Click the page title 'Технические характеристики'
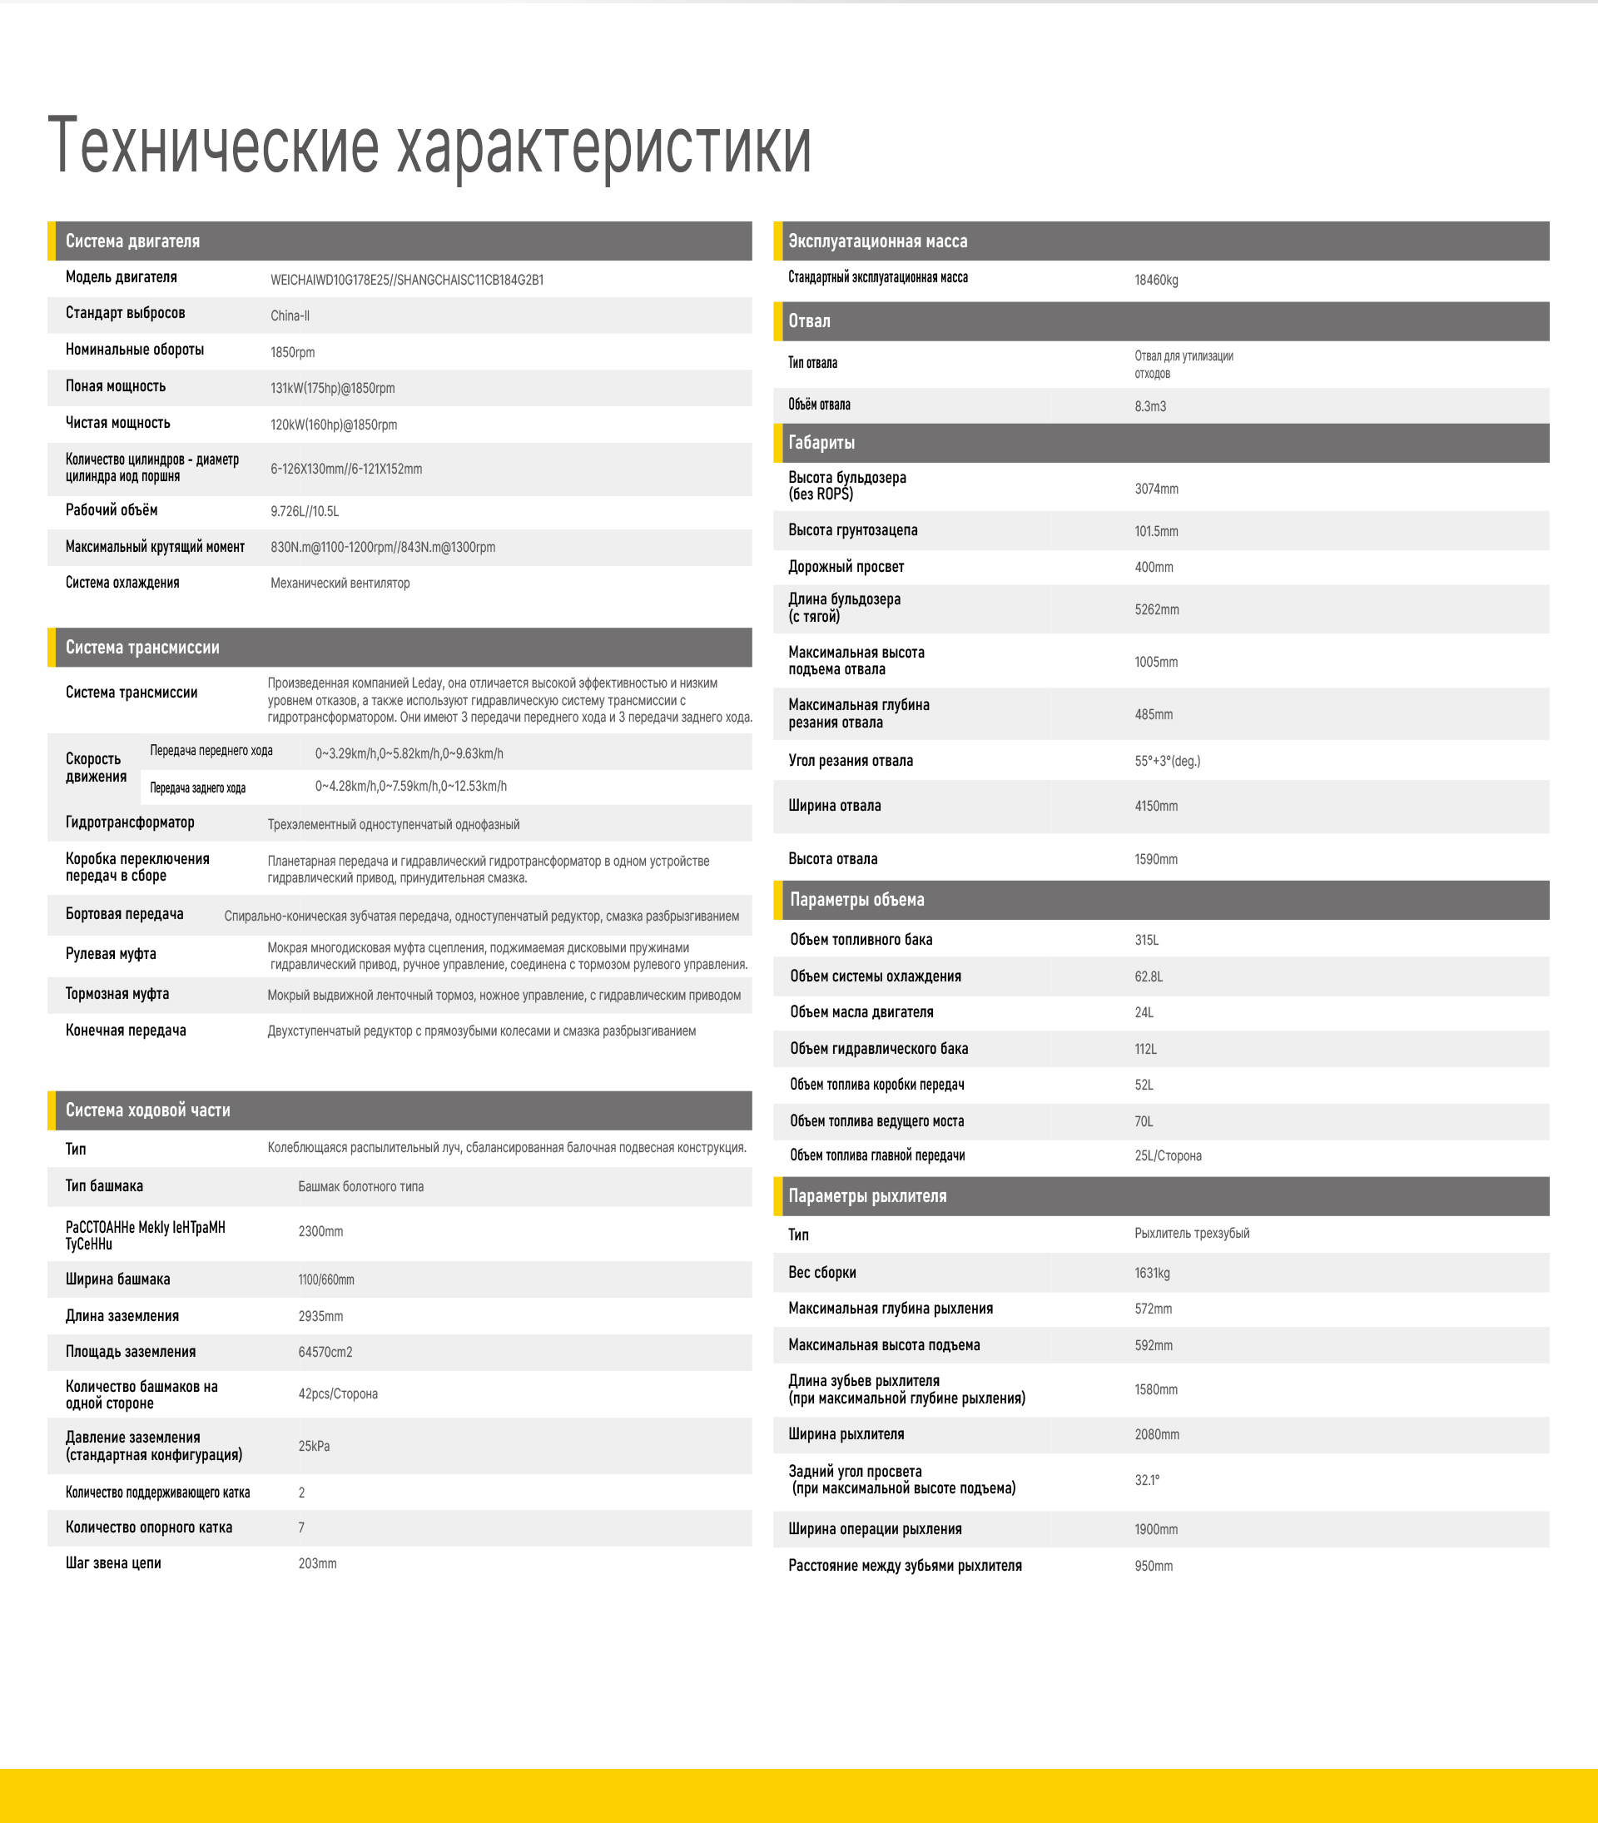[x=429, y=146]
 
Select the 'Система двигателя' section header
[x=132, y=241]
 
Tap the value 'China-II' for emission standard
[x=290, y=315]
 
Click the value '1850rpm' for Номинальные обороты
[x=292, y=352]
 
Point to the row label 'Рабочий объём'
[x=112, y=510]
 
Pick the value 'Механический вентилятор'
[x=340, y=584]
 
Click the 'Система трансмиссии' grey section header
[x=141, y=648]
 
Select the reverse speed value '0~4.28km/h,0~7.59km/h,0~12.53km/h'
[x=410, y=787]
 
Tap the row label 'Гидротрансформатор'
[x=129, y=822]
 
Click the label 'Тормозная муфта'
[x=117, y=994]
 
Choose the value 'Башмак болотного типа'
[x=360, y=1186]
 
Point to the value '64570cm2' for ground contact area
[x=325, y=1352]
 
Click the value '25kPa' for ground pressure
[x=314, y=1446]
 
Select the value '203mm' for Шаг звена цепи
[x=316, y=1563]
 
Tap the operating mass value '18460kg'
[x=1156, y=280]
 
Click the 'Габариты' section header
[x=821, y=442]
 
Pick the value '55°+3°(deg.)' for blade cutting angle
[x=1166, y=761]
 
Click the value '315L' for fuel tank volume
[x=1146, y=940]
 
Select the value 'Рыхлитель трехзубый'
[x=1191, y=1234]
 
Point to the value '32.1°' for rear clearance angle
[x=1147, y=1480]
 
